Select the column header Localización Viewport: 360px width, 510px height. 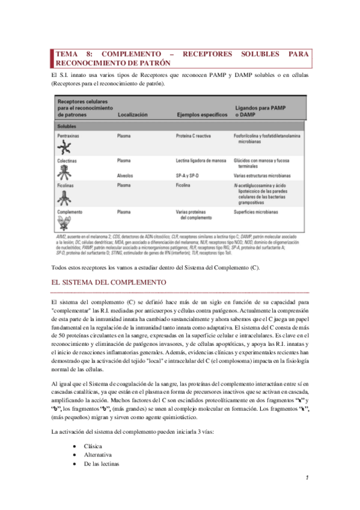point(133,114)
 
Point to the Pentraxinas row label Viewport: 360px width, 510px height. point(70,137)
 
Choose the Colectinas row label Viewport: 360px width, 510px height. point(68,161)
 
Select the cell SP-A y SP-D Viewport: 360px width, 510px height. point(188,175)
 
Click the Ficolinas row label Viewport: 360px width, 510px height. point(67,185)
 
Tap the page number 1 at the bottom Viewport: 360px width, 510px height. point(307,479)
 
